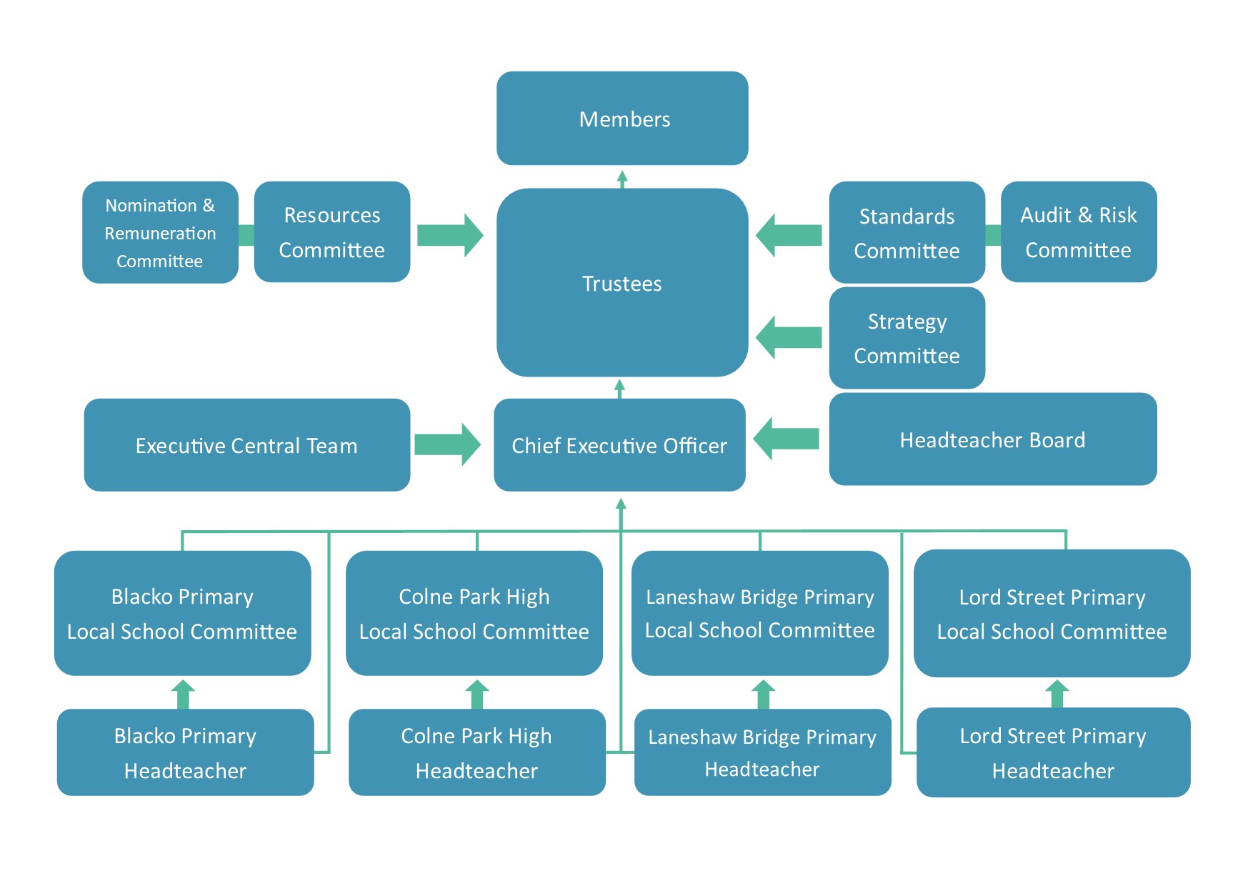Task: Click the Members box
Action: tap(622, 118)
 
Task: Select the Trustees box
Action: tap(622, 282)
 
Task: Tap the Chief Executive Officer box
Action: tap(619, 444)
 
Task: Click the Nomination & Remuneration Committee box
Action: tap(160, 232)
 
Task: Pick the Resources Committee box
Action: tap(332, 232)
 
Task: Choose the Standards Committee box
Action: tap(907, 232)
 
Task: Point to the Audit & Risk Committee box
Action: tap(1079, 232)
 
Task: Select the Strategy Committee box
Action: tap(907, 338)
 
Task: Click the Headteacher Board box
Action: tap(993, 439)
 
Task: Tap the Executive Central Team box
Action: tap(247, 444)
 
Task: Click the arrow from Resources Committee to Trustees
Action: tap(450, 235)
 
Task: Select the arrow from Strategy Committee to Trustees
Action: tap(789, 337)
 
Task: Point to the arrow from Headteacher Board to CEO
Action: tap(786, 439)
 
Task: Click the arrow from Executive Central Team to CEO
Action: tap(447, 444)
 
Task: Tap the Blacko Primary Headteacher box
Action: tap(186, 752)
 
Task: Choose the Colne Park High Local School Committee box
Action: tap(474, 613)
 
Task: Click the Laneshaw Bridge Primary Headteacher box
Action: tap(763, 752)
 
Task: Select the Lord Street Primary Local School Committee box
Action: tap(1052, 613)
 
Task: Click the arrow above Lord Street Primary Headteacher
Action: tap(1057, 694)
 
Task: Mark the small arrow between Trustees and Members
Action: tap(622, 179)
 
